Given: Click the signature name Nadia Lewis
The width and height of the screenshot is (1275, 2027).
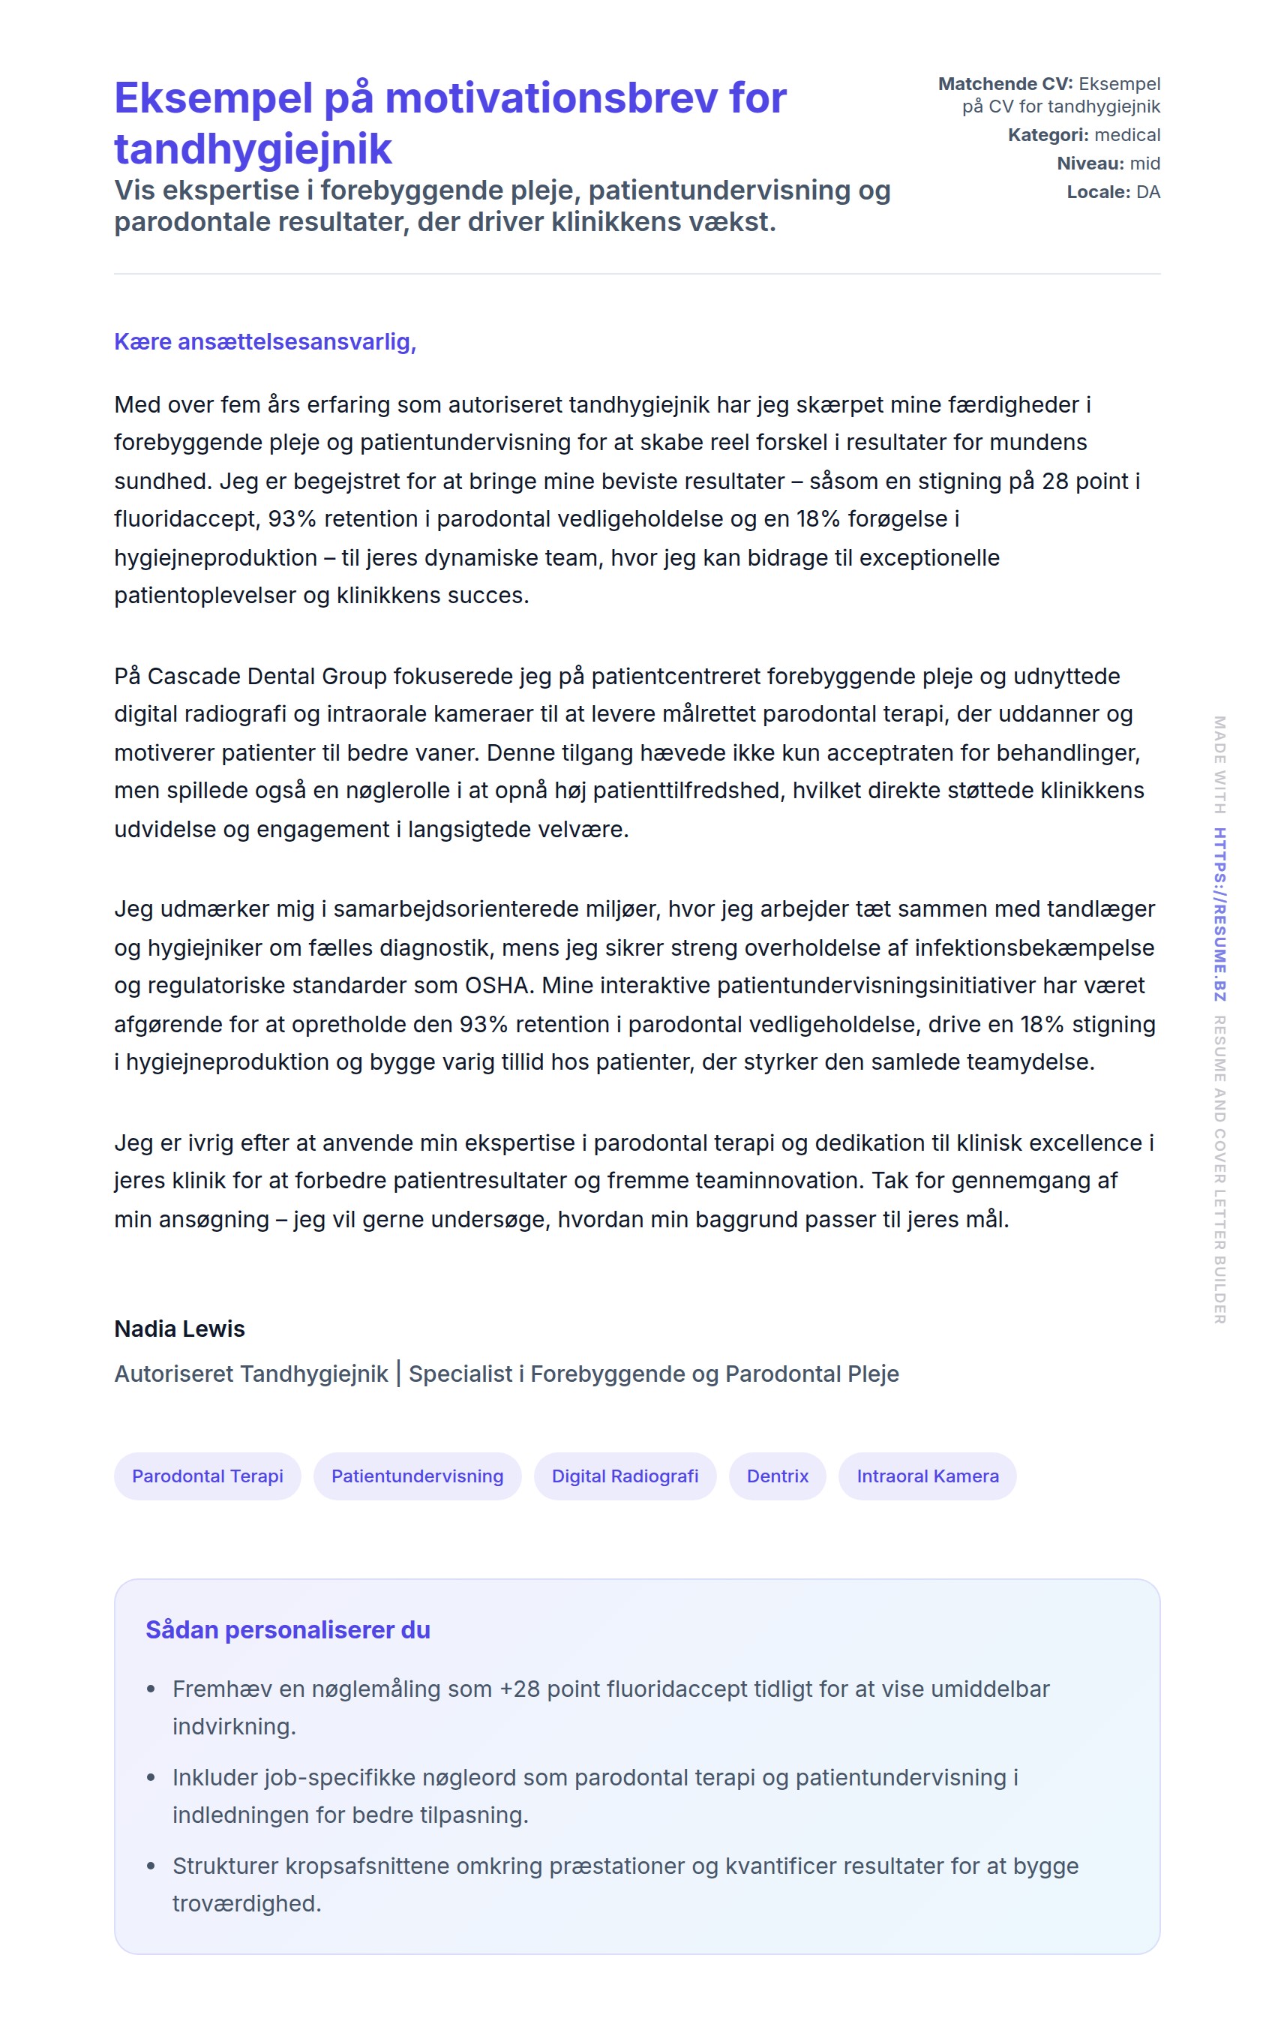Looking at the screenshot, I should [x=179, y=1329].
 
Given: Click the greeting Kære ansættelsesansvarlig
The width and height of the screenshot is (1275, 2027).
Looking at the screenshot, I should [x=265, y=342].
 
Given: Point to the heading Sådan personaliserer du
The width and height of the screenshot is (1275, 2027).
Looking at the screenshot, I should [x=288, y=1629].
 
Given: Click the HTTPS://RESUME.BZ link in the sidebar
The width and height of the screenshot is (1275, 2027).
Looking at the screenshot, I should [x=1219, y=914].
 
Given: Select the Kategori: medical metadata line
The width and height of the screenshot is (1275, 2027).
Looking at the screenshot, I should [x=1083, y=135].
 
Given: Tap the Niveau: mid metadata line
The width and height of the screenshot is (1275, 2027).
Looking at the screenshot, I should [x=1108, y=164].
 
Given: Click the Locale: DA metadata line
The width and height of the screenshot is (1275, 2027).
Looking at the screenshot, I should [x=1112, y=192].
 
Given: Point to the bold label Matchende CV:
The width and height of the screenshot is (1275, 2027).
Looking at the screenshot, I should [x=1005, y=84].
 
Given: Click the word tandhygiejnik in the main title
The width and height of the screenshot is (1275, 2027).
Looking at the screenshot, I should [x=253, y=149].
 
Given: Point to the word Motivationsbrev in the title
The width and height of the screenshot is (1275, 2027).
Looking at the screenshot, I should [x=550, y=98].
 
